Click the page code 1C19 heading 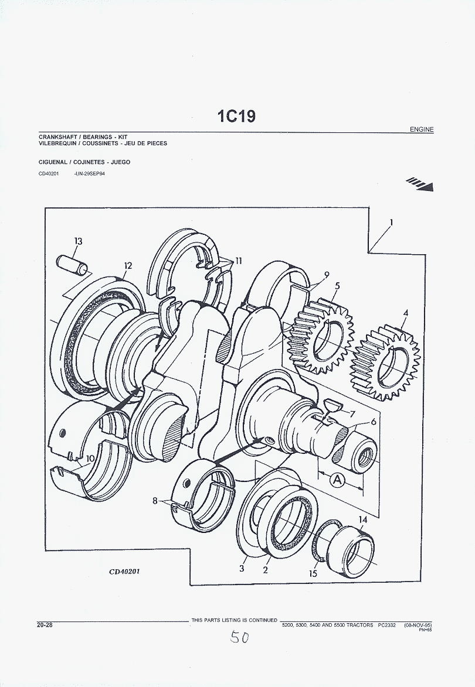point(237,116)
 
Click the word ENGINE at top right point(421,129)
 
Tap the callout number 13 point(78,241)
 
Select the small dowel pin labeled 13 point(74,264)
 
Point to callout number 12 point(128,265)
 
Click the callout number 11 point(238,261)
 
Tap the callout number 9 point(327,274)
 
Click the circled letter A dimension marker point(337,480)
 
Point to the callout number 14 point(363,519)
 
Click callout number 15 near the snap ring point(313,573)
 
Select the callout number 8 point(155,501)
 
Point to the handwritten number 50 point(239,637)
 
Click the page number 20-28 point(45,625)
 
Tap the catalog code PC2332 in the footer point(387,625)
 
